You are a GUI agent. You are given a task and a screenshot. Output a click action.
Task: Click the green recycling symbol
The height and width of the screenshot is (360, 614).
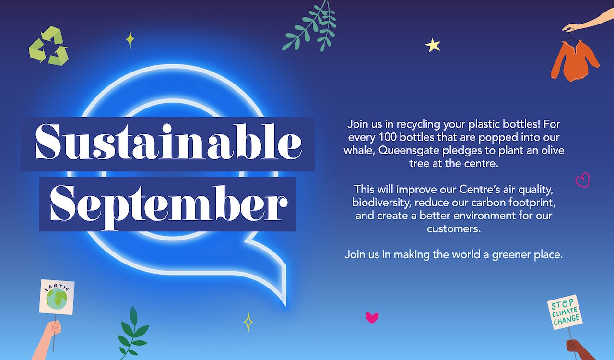pyautogui.click(x=48, y=46)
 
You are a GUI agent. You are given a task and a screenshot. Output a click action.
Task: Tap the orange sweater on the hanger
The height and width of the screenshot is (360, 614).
pyautogui.click(x=575, y=61)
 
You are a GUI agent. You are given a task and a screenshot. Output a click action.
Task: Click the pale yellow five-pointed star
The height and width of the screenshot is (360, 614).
pyautogui.click(x=433, y=45)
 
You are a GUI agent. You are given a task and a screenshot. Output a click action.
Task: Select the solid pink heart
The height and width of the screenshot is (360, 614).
pyautogui.click(x=372, y=317)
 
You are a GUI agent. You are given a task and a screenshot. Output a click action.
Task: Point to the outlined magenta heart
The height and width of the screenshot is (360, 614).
pyautogui.click(x=582, y=180)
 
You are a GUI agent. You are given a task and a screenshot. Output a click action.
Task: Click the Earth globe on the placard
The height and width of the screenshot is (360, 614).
pyautogui.click(x=57, y=299)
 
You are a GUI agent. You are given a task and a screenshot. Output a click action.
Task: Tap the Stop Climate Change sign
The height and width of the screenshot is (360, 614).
pyautogui.click(x=565, y=312)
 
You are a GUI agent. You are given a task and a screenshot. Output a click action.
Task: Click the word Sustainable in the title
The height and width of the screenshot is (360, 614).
pyautogui.click(x=168, y=142)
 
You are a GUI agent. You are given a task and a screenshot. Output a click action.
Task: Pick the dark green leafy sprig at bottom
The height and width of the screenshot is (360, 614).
pyautogui.click(x=133, y=333)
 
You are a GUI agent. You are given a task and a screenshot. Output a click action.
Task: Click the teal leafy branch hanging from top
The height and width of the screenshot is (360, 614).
pyautogui.click(x=309, y=26)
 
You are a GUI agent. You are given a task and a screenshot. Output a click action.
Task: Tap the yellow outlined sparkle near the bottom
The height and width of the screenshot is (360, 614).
pyautogui.click(x=248, y=322)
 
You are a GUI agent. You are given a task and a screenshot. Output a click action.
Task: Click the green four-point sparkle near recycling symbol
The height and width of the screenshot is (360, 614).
pyautogui.click(x=130, y=40)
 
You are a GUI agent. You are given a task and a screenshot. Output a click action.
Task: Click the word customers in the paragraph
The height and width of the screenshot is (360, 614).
pyautogui.click(x=454, y=229)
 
